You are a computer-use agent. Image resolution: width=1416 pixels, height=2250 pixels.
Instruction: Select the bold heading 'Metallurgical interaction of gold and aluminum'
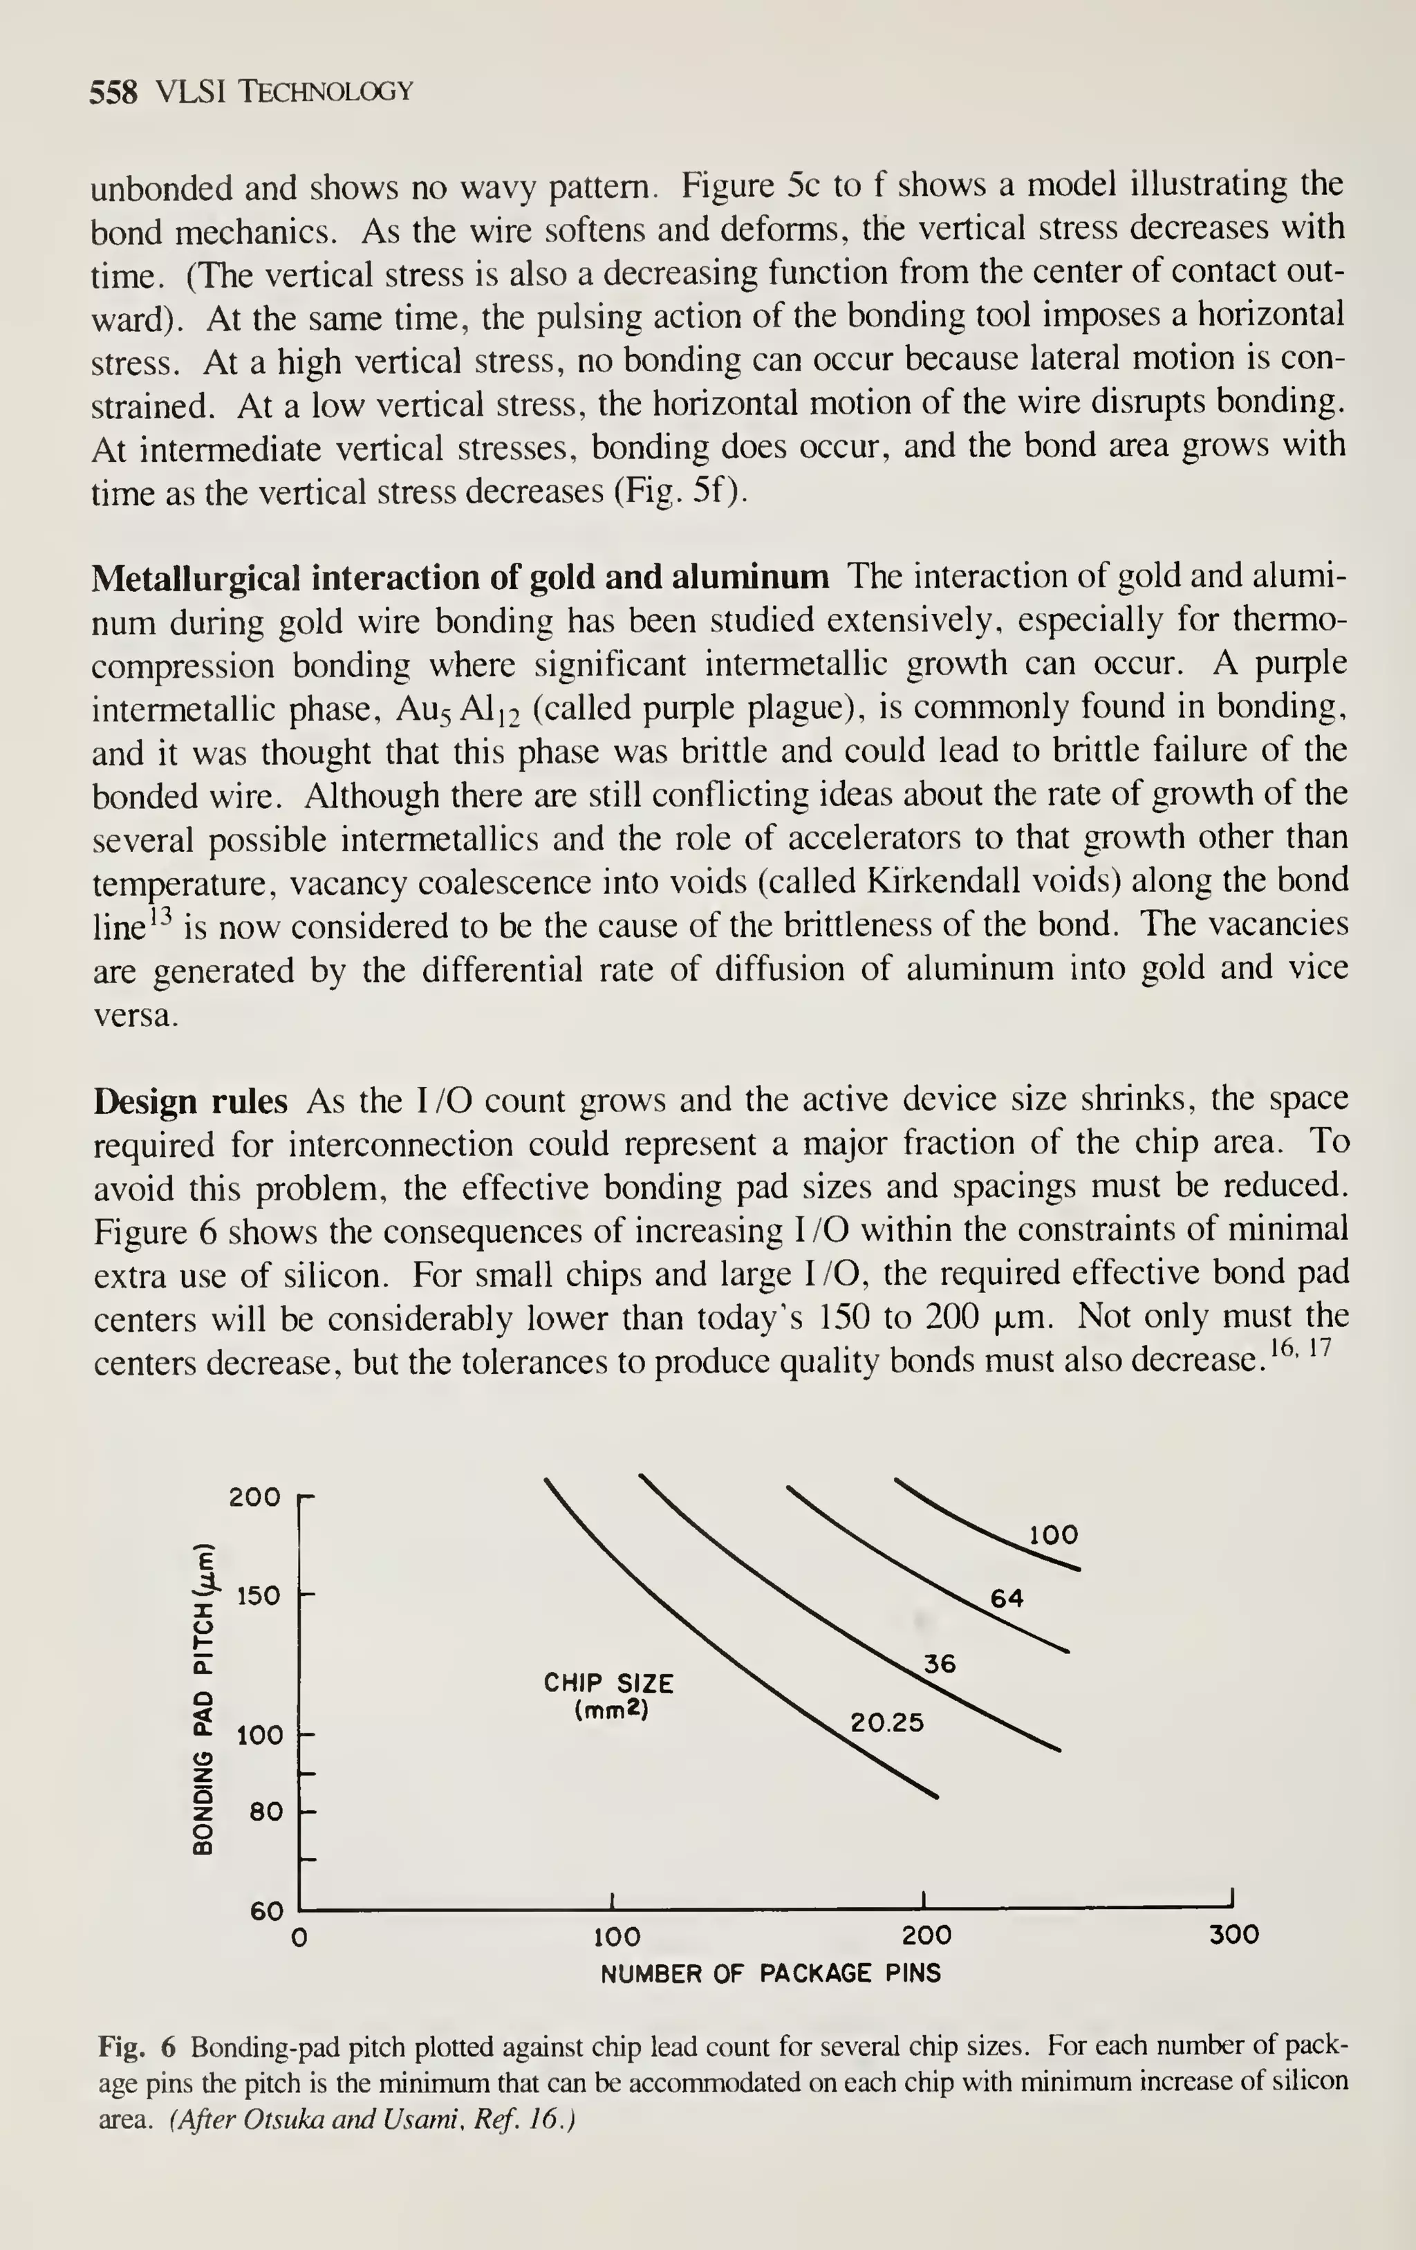click(460, 577)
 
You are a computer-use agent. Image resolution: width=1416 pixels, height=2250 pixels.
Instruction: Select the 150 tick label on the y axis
click(258, 1596)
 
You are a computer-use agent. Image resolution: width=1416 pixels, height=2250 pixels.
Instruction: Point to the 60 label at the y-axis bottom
click(266, 1910)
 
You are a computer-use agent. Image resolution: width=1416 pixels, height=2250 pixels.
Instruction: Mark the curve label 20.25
click(887, 1722)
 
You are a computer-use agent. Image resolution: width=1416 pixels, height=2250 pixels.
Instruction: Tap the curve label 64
click(1007, 1599)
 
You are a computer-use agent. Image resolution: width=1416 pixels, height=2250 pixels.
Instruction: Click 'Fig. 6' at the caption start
click(136, 2048)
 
